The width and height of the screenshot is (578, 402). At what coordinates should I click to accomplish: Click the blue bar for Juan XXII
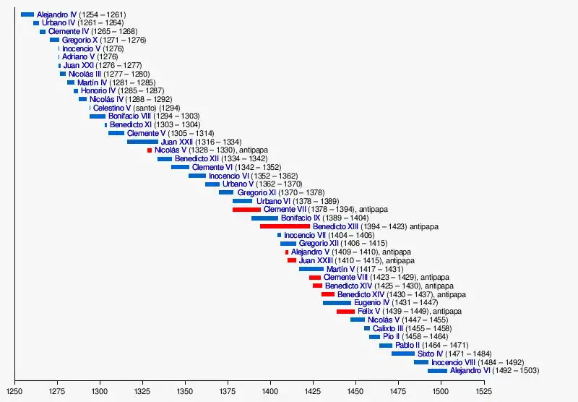[142, 142]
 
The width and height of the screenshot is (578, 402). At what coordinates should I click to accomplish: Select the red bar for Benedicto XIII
[285, 226]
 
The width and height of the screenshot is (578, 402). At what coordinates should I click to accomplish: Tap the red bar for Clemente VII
[246, 210]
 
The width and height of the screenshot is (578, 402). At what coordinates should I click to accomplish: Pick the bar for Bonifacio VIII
[98, 116]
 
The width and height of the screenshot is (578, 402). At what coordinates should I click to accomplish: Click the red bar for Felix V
[345, 312]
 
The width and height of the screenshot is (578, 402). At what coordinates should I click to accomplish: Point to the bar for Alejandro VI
[437, 371]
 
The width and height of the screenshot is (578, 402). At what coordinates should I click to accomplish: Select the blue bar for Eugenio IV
[337, 303]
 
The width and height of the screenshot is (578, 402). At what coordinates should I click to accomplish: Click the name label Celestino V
[112, 108]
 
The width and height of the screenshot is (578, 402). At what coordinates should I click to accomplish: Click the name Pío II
[391, 337]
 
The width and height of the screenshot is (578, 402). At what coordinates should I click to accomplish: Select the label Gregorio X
[79, 40]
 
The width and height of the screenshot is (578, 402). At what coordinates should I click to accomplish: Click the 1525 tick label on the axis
[483, 391]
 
